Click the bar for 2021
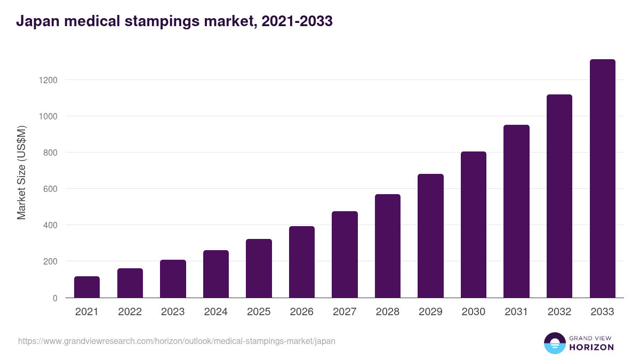(x=87, y=287)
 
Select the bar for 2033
(x=602, y=179)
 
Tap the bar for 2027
(x=345, y=254)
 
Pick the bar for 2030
(x=474, y=225)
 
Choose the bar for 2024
(x=216, y=274)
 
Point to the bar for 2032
(x=559, y=196)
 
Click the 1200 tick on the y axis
(x=47, y=80)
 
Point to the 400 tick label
(x=50, y=225)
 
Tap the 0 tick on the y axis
(x=54, y=298)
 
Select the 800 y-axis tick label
(x=50, y=153)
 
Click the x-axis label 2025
(x=259, y=312)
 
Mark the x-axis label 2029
(x=430, y=312)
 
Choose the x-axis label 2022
(x=130, y=312)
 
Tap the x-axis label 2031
(x=516, y=312)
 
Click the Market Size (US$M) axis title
(x=21, y=172)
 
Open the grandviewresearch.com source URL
(x=177, y=341)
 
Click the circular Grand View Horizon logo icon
(x=554, y=343)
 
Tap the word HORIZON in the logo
(x=591, y=347)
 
